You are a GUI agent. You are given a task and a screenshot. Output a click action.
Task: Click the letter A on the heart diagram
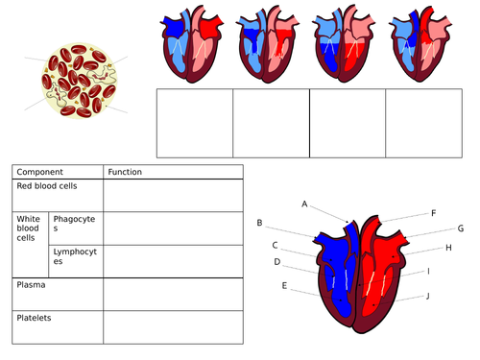(x=304, y=204)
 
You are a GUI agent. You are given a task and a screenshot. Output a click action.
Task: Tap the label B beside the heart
(x=259, y=223)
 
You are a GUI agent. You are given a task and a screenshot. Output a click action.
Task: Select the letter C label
(x=275, y=245)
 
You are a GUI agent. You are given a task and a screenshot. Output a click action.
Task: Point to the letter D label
(x=277, y=261)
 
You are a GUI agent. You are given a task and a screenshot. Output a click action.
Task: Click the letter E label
(x=284, y=285)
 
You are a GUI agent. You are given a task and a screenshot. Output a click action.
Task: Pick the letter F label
(x=433, y=212)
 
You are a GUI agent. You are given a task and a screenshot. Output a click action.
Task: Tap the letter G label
(x=461, y=228)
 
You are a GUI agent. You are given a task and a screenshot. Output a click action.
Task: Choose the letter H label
(x=448, y=247)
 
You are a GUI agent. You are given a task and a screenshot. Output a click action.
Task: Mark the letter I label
(x=428, y=271)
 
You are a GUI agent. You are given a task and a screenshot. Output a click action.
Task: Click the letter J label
(x=428, y=296)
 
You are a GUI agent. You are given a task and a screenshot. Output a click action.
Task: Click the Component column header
(x=40, y=172)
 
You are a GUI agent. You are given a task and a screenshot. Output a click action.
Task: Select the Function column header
(x=125, y=172)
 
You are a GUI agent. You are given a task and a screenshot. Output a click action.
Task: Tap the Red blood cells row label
(x=47, y=185)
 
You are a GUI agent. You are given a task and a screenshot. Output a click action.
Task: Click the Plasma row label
(x=31, y=285)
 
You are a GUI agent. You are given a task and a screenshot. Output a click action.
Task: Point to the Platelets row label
(x=35, y=317)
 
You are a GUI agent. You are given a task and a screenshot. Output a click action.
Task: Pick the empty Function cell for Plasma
(x=173, y=294)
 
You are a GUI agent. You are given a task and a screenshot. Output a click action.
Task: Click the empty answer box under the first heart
(x=195, y=123)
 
